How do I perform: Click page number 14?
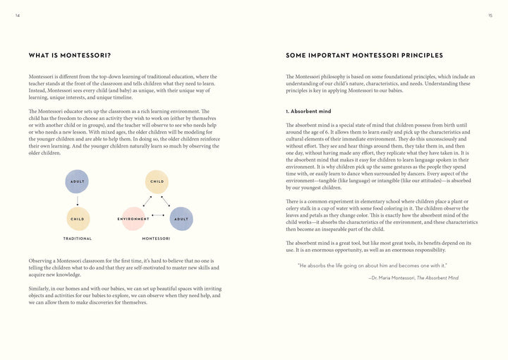18,16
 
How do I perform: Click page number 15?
490,16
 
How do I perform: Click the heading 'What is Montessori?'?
70,55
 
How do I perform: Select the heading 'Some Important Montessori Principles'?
364,55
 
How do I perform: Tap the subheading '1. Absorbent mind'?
308,112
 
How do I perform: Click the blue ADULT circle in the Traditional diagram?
77,181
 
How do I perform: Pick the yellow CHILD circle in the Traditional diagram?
78,219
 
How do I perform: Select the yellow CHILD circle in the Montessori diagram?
157,181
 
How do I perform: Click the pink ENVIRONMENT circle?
133,219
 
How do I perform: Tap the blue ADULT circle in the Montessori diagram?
181,219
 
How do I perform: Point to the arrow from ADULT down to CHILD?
78,200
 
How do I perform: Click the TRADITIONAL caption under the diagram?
78,239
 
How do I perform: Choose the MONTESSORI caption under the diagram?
156,239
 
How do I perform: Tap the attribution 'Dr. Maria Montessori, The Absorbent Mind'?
413,278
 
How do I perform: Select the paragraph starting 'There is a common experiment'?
381,215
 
